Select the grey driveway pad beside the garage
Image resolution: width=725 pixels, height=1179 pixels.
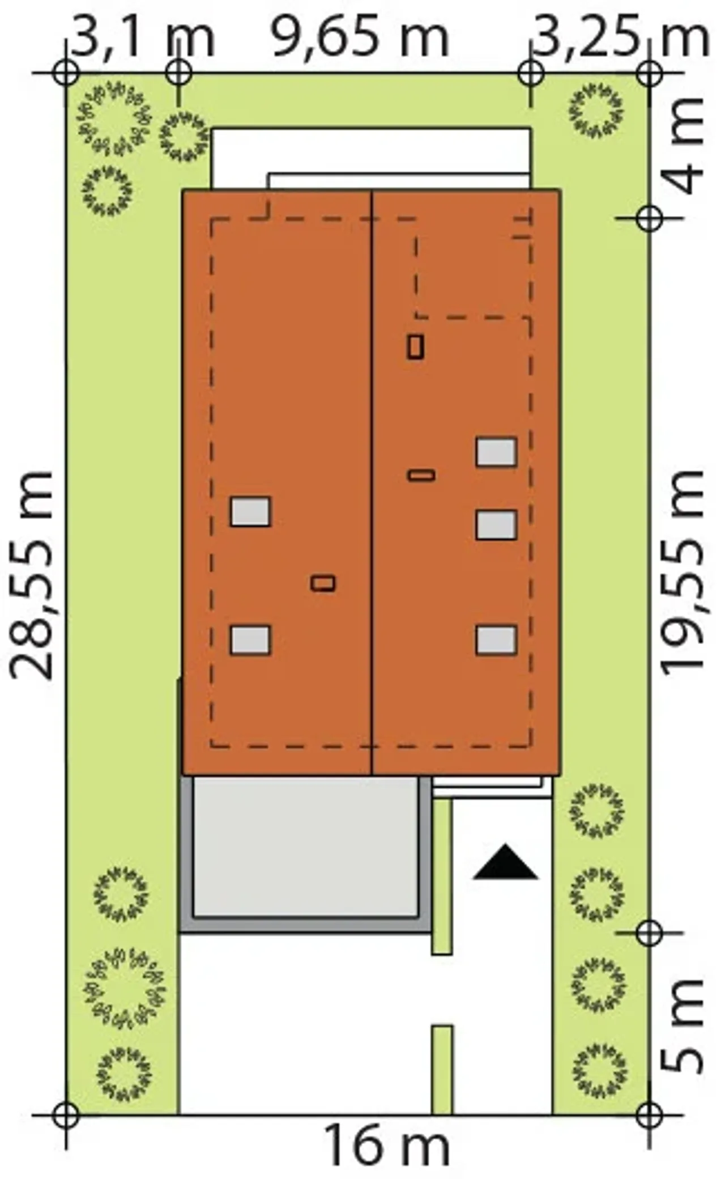coord(305,846)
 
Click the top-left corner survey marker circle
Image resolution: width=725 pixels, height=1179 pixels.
coord(66,73)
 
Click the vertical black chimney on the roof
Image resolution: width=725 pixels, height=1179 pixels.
coord(415,347)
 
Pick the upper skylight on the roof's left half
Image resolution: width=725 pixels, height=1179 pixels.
coord(250,511)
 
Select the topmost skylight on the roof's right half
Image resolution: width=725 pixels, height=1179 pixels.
coord(496,452)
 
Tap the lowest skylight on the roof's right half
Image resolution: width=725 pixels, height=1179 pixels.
coord(496,640)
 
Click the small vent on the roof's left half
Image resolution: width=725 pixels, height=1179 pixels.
coord(323,583)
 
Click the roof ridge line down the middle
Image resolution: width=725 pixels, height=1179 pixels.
coord(372,482)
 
